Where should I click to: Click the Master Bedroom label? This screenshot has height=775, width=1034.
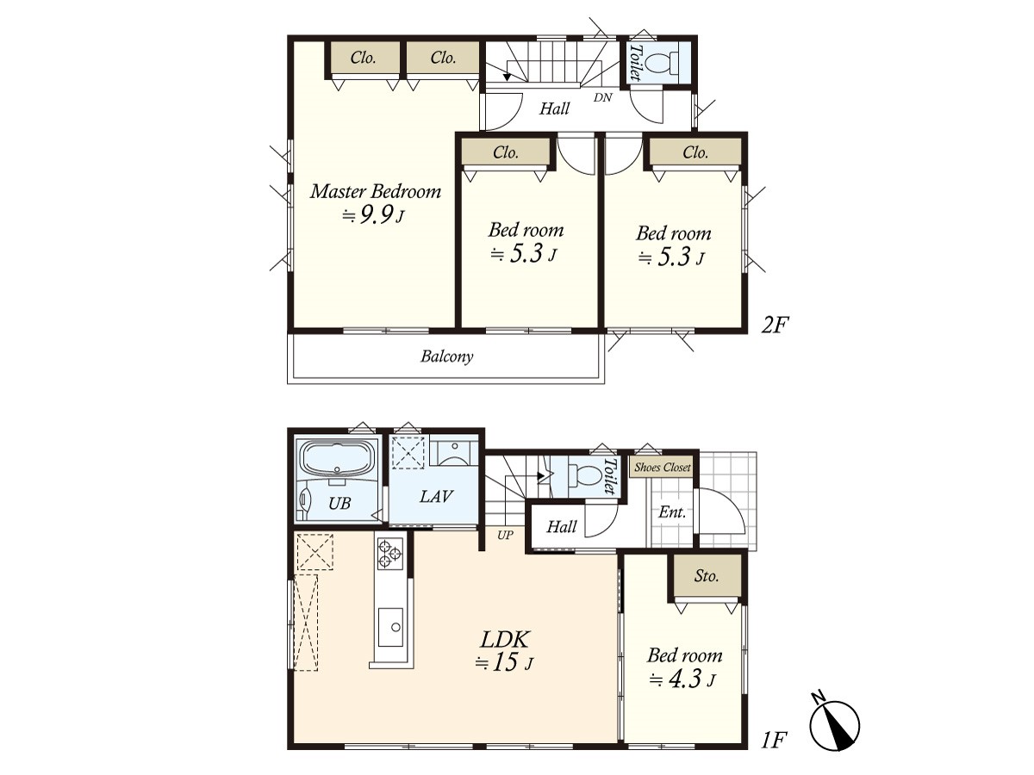(376, 191)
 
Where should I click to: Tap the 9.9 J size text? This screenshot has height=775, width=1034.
(373, 215)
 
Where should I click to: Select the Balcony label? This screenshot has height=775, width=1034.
(446, 356)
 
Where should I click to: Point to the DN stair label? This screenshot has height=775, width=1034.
(602, 97)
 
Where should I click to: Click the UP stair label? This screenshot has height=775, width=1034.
(505, 535)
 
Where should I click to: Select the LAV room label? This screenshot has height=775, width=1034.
(436, 496)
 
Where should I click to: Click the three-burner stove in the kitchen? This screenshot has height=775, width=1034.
(390, 554)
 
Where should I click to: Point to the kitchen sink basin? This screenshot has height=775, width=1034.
(390, 627)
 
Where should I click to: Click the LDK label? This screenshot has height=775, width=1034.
(505, 640)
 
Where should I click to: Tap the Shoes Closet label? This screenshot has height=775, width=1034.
(663, 468)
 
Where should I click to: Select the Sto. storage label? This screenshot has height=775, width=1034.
(706, 575)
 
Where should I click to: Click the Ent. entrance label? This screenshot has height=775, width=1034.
(672, 512)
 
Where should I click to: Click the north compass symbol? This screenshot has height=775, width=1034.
(835, 726)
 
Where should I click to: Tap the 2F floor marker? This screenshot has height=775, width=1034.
(775, 325)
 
